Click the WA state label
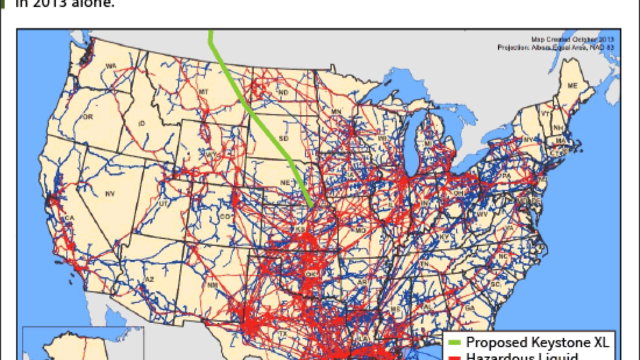coord(110,66)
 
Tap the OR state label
coord(88,116)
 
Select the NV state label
coord(110,193)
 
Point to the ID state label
coord(141,123)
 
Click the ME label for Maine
coord(572,86)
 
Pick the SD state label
coord(283,138)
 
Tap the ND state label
coord(283,92)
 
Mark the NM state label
coord(212,285)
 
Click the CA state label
coord(69,218)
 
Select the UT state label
coord(163,203)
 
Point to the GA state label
coord(469,308)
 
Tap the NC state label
coord(503,256)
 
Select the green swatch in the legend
coord(454,342)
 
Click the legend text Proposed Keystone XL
coord(537,342)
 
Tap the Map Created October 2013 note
coord(572,39)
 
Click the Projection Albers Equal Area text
coord(555,47)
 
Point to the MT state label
coord(203,92)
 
